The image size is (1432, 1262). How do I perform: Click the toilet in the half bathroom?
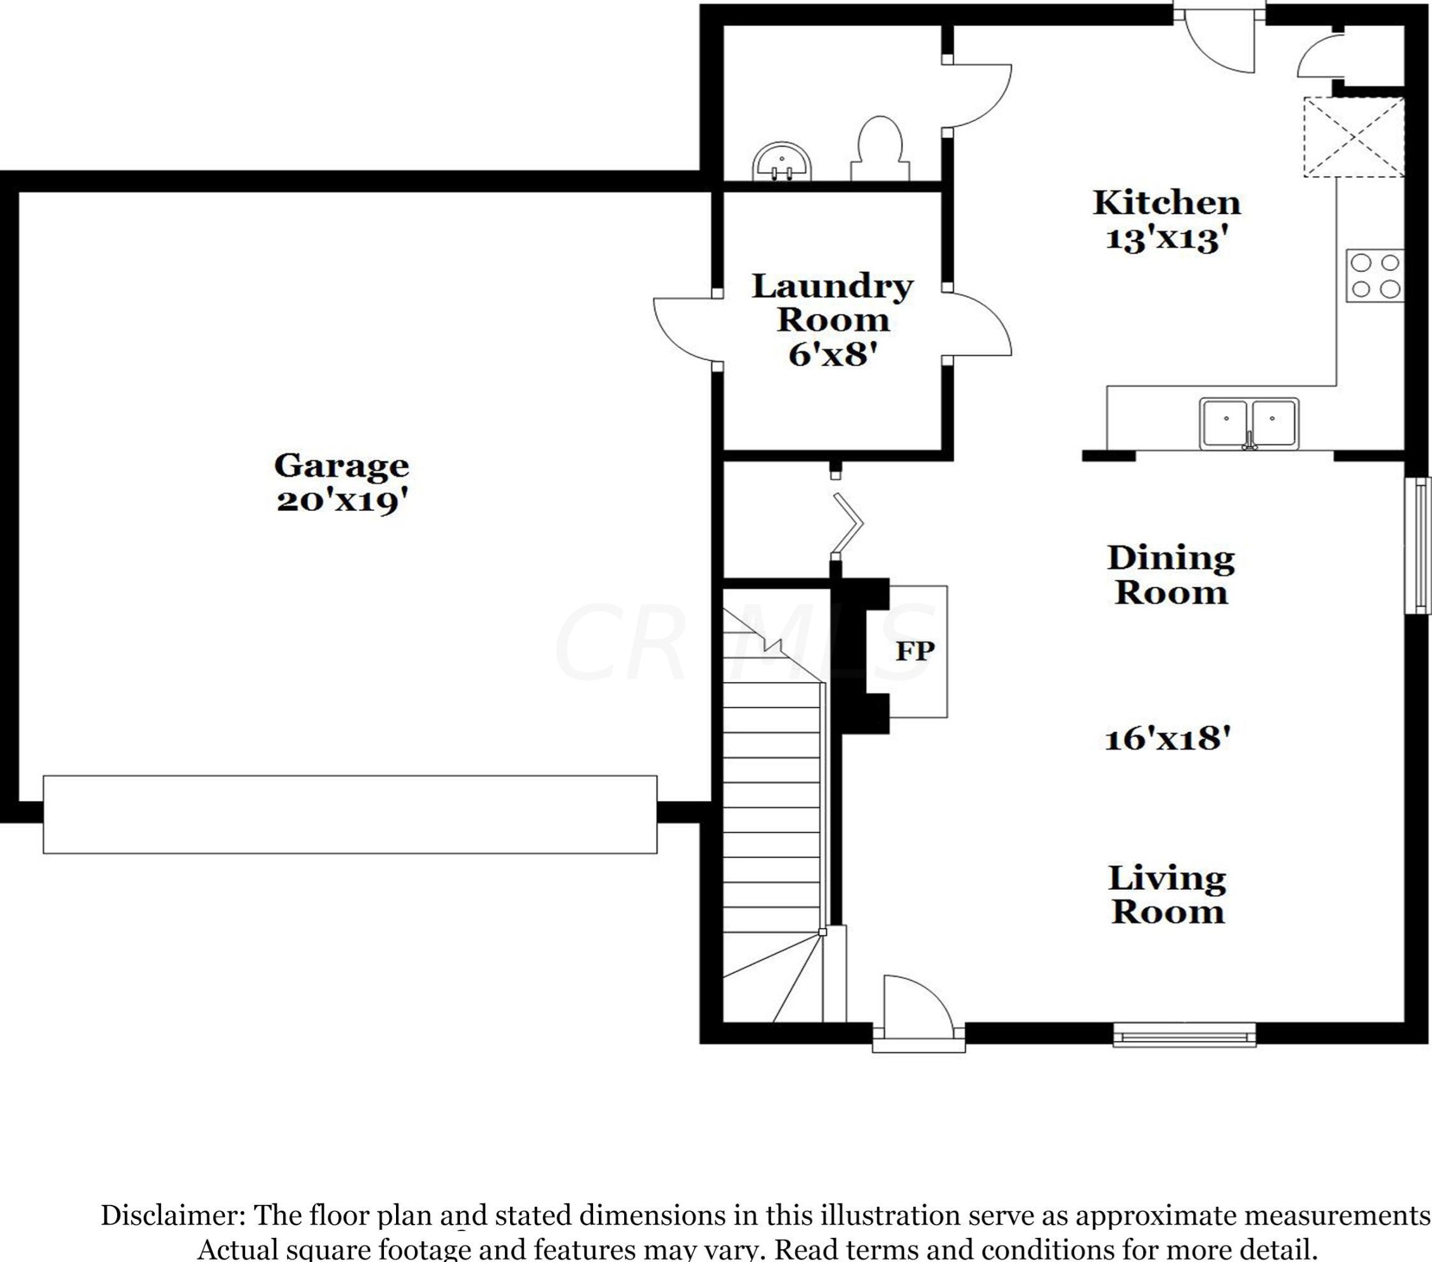pos(880,148)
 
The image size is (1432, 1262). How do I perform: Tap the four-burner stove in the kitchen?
pos(1374,275)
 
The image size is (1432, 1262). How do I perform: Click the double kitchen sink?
pos(1249,424)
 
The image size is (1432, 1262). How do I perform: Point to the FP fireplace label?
pos(915,651)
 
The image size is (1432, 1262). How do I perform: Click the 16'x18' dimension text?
pos(1167,738)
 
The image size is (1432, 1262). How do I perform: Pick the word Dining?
pos(1171,558)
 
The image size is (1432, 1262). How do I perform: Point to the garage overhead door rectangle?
pos(350,815)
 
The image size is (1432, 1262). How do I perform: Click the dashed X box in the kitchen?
pos(1353,137)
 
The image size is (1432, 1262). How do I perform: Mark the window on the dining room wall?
pos(1419,546)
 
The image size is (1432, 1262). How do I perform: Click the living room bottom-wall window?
pos(1184,1034)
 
